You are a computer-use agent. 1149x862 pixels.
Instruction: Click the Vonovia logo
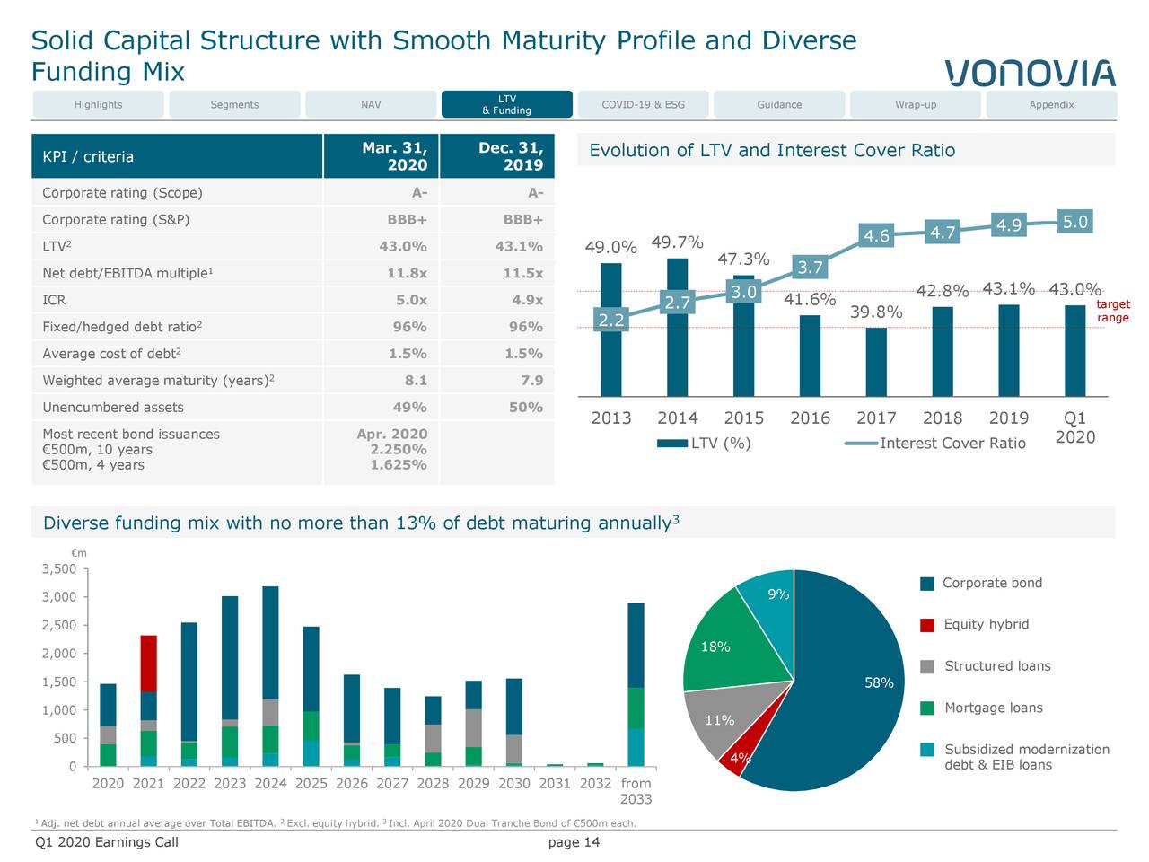tap(1030, 73)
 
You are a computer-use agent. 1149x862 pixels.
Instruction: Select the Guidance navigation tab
tap(779, 105)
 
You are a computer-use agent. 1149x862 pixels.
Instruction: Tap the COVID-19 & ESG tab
tap(643, 105)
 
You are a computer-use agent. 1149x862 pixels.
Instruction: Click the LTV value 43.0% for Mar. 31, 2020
tap(403, 247)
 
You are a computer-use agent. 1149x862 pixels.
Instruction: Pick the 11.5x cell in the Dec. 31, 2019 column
tap(522, 273)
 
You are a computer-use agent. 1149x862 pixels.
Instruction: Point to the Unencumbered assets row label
tap(113, 408)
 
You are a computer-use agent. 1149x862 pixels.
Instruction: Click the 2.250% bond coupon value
tap(399, 450)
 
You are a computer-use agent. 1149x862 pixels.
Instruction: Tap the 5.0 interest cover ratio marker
tap(1074, 222)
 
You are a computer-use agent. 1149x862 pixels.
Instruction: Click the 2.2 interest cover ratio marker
tap(611, 321)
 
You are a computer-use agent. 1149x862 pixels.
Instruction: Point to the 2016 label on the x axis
tap(810, 418)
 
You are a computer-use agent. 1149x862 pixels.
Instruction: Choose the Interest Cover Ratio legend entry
tap(952, 444)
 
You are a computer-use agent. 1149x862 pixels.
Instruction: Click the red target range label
tap(1113, 312)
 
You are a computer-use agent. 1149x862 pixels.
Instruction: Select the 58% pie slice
tap(853, 691)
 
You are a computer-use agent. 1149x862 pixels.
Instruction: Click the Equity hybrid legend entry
tap(986, 625)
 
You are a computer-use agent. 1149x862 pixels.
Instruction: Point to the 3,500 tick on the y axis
tap(59, 569)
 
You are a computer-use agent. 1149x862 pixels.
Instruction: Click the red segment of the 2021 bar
tap(149, 664)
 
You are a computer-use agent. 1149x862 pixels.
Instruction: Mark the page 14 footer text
tap(574, 842)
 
